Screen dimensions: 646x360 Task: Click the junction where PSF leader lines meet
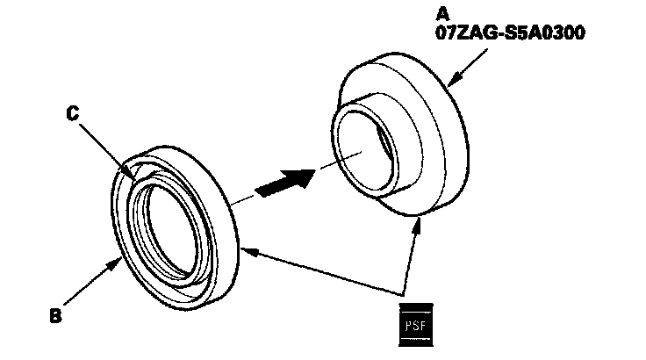click(406, 292)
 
